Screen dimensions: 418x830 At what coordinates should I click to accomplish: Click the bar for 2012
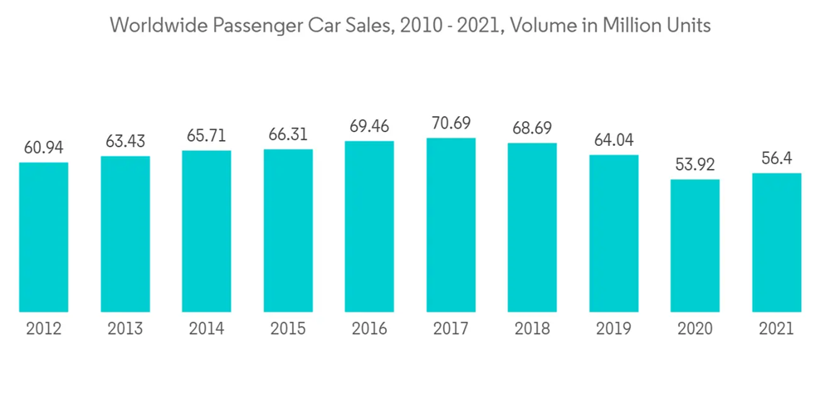[43, 237]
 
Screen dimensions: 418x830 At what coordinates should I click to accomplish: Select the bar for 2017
[451, 225]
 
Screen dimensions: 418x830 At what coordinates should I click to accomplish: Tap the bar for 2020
[695, 245]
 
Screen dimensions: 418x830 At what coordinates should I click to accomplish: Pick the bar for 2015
[288, 231]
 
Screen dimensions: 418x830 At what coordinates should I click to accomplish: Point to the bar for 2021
[776, 242]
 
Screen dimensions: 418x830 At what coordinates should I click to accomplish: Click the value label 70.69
[451, 124]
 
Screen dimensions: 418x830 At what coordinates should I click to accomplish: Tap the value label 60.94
[43, 148]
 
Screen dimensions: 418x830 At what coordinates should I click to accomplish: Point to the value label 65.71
[207, 136]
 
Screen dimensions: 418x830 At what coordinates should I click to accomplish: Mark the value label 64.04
[613, 140]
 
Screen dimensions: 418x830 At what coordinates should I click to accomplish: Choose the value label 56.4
[776, 158]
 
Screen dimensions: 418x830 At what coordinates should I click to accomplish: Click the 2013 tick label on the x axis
[124, 328]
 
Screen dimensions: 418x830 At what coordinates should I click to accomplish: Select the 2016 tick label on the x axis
[369, 328]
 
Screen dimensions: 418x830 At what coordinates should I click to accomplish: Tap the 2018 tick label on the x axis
[532, 328]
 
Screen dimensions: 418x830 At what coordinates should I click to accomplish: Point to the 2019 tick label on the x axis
[613, 328]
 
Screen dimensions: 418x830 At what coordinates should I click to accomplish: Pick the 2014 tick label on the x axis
[207, 328]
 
